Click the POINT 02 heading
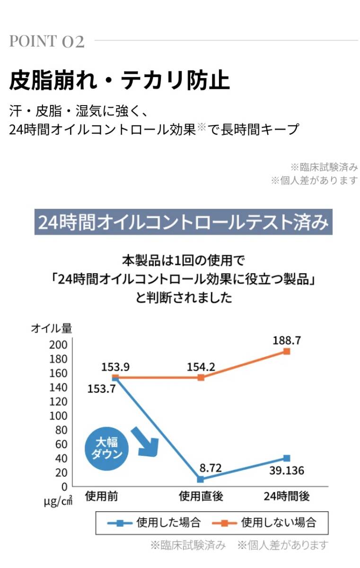click(47, 42)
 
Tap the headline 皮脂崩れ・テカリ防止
click(119, 81)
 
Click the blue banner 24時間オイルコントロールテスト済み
click(183, 222)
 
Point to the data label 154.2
click(201, 366)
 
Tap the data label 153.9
click(115, 366)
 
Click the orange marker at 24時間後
click(287, 352)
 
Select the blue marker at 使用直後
click(201, 479)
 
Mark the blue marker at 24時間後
click(287, 458)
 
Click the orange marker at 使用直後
click(201, 377)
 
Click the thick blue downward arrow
click(145, 441)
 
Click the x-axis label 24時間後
click(286, 496)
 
